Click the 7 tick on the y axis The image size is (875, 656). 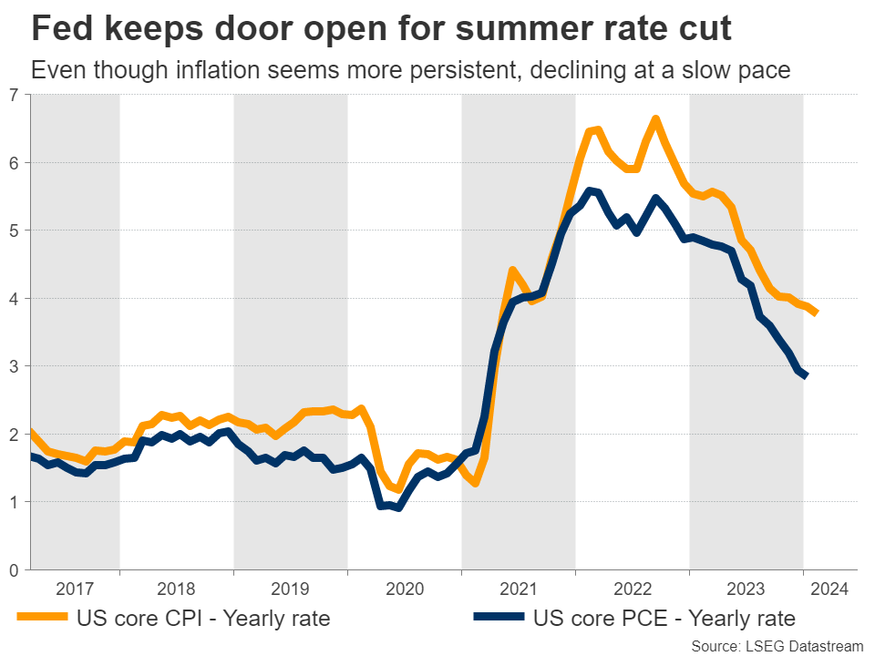(14, 95)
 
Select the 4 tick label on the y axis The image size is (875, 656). (14, 299)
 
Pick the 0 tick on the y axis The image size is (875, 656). (14, 570)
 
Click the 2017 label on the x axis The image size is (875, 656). (75, 588)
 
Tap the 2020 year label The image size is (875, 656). (404, 588)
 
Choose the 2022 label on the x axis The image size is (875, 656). (632, 588)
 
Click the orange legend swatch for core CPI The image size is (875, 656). (42, 619)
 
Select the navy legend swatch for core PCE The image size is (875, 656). (499, 619)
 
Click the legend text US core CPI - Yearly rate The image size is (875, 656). (203, 619)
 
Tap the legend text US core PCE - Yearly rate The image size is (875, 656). (664, 619)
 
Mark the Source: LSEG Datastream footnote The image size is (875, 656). (777, 645)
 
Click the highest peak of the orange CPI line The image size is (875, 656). (654, 119)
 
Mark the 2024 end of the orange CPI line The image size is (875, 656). (816, 313)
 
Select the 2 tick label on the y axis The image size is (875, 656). (14, 435)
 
